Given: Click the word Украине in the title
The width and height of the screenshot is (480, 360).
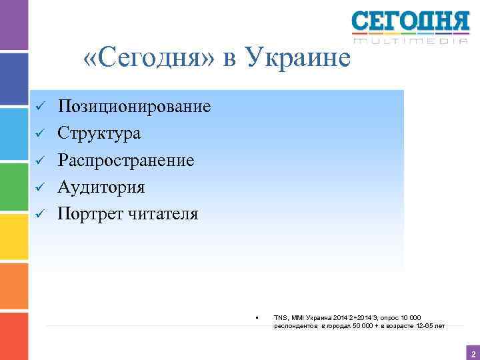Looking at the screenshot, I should pyautogui.click(x=298, y=59).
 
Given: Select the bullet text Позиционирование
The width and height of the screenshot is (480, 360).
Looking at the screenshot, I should pyautogui.click(x=134, y=107).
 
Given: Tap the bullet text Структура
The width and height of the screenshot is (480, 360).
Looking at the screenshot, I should pyautogui.click(x=99, y=133).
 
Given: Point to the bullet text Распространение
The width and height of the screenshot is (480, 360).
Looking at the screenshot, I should pyautogui.click(x=126, y=161).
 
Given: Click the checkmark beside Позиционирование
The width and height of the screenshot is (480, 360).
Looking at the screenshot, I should pyautogui.click(x=39, y=107).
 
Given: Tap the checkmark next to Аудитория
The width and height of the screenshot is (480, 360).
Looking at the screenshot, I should pyautogui.click(x=39, y=188).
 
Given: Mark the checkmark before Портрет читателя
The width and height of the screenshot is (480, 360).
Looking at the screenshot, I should pyautogui.click(x=39, y=215).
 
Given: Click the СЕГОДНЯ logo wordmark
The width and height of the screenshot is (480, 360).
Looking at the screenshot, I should pyautogui.click(x=411, y=23).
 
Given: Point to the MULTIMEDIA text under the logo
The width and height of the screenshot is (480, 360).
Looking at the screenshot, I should pyautogui.click(x=411, y=41).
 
